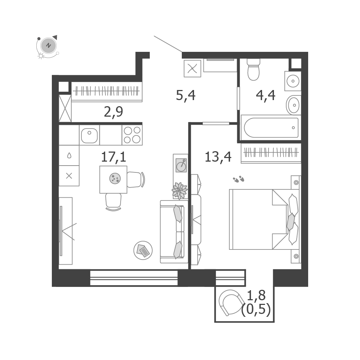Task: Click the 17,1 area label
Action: click(113, 157)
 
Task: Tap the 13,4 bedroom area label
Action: click(218, 157)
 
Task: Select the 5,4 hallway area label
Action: click(185, 95)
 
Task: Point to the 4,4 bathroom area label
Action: click(265, 95)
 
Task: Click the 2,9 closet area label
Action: click(113, 112)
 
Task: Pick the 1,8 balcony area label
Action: click(256, 296)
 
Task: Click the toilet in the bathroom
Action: click(253, 69)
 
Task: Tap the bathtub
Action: click(271, 128)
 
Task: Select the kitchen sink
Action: click(89, 135)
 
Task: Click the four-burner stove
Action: click(132, 135)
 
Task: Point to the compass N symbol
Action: click(48, 45)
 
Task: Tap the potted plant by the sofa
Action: click(180, 190)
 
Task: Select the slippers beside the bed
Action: click(239, 179)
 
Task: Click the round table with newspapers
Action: click(143, 250)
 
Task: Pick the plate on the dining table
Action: click(115, 179)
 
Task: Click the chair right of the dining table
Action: click(136, 179)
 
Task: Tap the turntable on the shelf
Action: click(181, 165)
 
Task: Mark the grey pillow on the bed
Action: click(291, 222)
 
